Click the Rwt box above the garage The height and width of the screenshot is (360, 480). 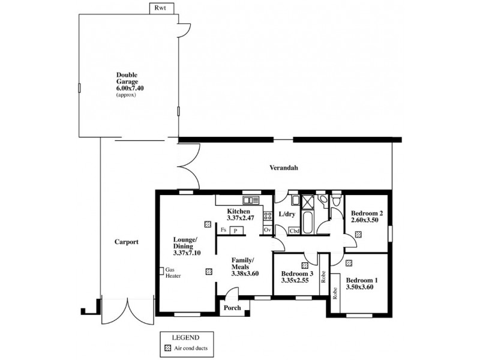click(160, 8)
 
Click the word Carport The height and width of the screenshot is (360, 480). click(126, 242)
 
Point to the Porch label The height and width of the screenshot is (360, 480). click(232, 308)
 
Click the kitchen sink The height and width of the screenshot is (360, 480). click(250, 200)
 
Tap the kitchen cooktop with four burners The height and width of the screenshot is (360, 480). click(267, 212)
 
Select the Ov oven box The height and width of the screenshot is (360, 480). click(267, 230)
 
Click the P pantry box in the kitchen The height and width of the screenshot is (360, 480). click(236, 230)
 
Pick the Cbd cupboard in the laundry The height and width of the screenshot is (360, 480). click(295, 230)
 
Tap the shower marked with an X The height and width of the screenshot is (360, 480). click(307, 202)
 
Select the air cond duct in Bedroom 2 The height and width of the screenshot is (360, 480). click(358, 235)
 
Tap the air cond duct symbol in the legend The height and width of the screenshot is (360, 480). click(167, 347)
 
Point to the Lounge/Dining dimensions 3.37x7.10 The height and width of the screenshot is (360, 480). click(187, 253)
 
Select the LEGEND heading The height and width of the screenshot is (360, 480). click(186, 337)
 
